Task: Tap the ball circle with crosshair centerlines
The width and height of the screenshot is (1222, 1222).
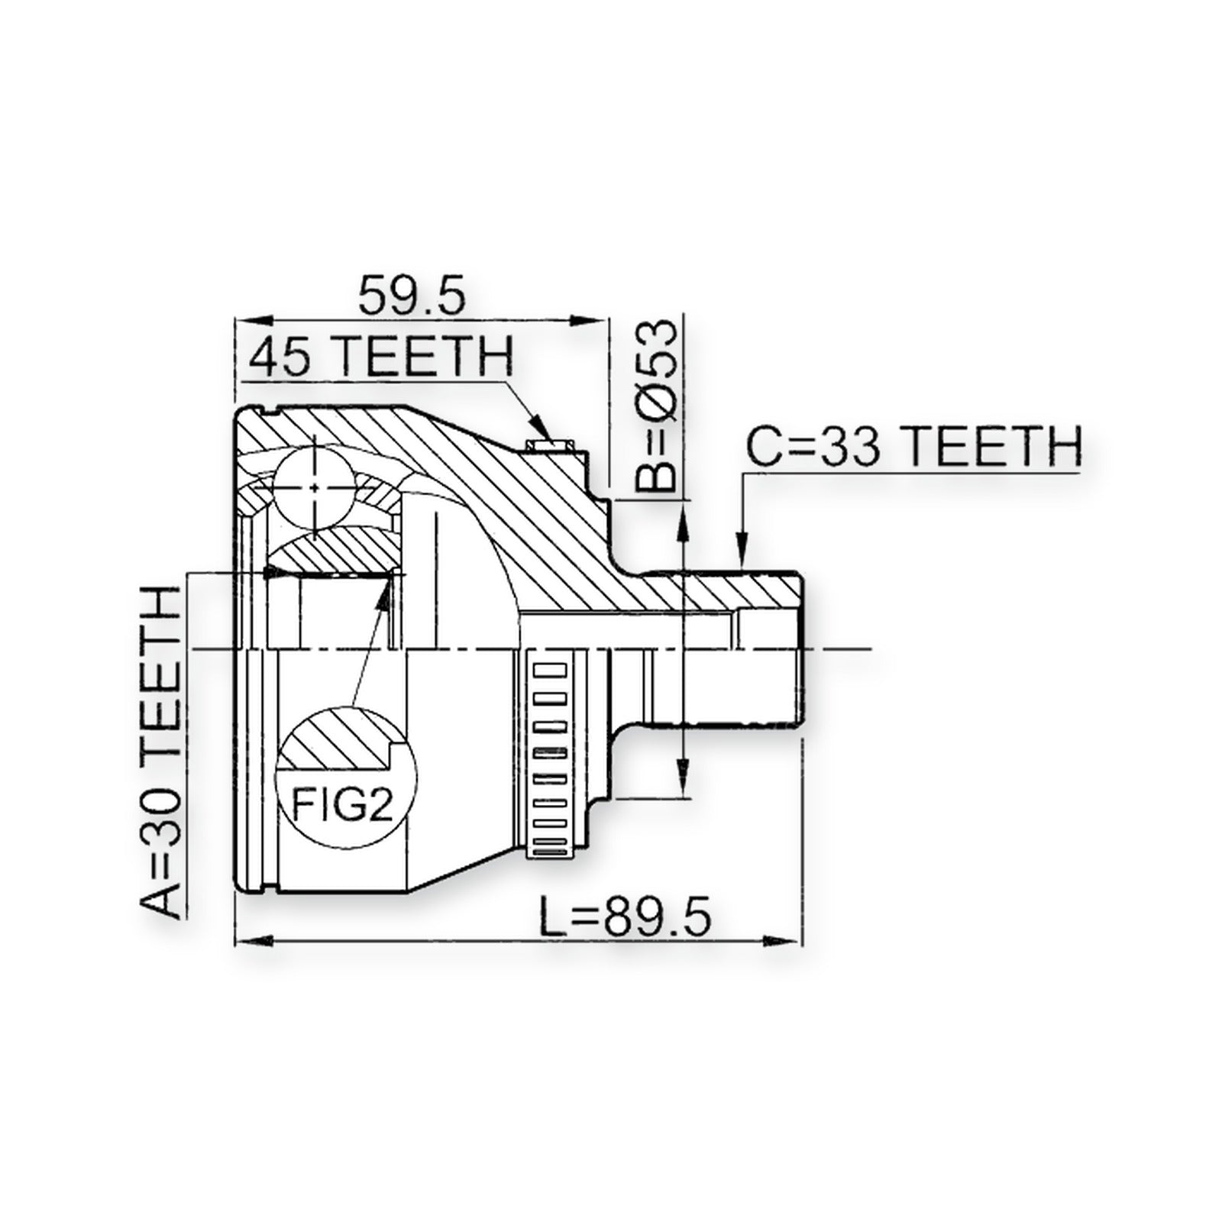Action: point(315,486)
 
